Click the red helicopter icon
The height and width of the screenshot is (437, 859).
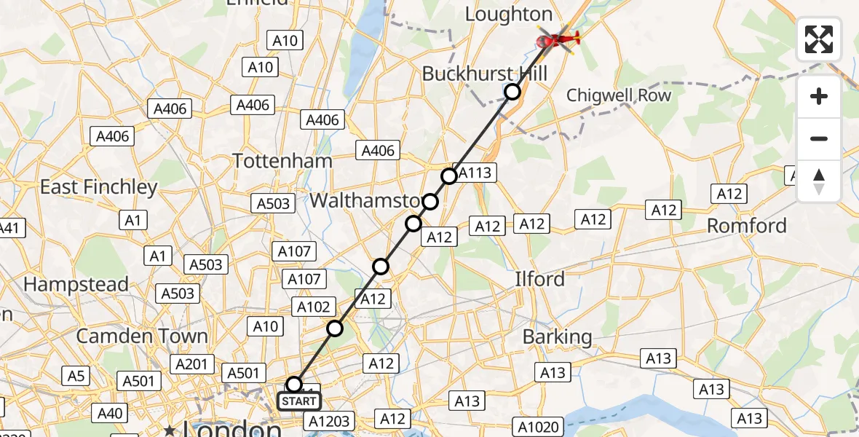coord(558,38)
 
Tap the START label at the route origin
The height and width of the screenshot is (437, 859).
coord(299,401)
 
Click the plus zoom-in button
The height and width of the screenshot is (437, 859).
coord(819,97)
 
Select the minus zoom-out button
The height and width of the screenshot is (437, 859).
coord(819,139)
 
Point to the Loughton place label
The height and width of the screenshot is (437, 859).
coord(508,15)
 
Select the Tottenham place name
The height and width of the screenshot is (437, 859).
coord(282,161)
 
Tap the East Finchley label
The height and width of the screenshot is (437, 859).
coord(98,187)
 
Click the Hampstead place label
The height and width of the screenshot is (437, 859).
coord(76,284)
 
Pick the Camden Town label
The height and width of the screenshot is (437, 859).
coord(142,336)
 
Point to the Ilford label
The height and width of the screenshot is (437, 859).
coord(539,279)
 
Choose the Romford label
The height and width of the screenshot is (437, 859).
coord(747,226)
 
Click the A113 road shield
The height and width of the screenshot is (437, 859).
coord(476,173)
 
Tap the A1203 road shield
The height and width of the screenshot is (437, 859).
coord(330,421)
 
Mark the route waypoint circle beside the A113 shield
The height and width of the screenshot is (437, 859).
coord(449,176)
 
